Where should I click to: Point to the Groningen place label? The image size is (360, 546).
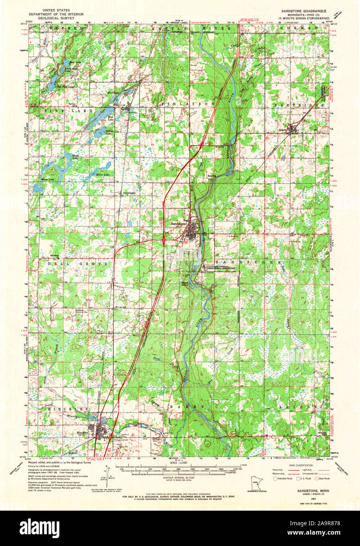[x=130, y=193]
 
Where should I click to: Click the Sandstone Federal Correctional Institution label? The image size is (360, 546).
[x=220, y=267]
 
